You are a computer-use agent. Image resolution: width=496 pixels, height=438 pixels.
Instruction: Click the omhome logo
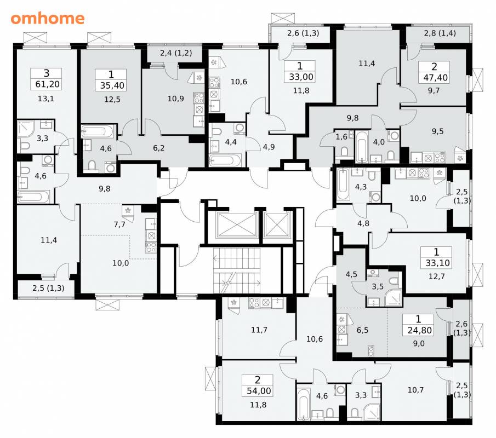pos(48,18)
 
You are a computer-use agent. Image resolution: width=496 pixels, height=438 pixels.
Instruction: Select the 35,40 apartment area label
pos(112,85)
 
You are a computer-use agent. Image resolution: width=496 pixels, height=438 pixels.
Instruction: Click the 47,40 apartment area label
pos(435,77)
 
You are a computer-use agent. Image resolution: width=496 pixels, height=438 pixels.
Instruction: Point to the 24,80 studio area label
pos(420,330)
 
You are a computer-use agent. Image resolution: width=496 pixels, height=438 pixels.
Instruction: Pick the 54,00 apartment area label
pos(259,391)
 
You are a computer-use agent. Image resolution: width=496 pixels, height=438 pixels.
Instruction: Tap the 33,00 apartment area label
pos(301,77)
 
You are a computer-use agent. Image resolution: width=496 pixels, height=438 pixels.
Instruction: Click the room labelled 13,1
pos(46,99)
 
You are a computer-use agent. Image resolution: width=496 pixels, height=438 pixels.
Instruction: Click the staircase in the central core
pos(237,270)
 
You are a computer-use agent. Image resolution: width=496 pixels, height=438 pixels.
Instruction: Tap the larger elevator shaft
pos(237,224)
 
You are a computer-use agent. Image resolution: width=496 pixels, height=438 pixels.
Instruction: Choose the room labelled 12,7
pos(437,276)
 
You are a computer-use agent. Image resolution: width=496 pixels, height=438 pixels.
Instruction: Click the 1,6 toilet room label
pos(341,137)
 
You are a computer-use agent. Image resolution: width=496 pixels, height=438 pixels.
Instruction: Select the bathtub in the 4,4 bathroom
pos(226,160)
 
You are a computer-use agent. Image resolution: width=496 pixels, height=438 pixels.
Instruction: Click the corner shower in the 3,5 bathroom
pos(393,297)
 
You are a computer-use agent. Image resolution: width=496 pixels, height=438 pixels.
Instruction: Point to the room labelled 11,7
pos(259,330)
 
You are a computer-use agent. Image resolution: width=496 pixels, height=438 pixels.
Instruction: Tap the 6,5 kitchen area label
pos(362,330)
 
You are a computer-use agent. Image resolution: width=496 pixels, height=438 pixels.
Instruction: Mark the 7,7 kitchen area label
pos(119,224)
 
